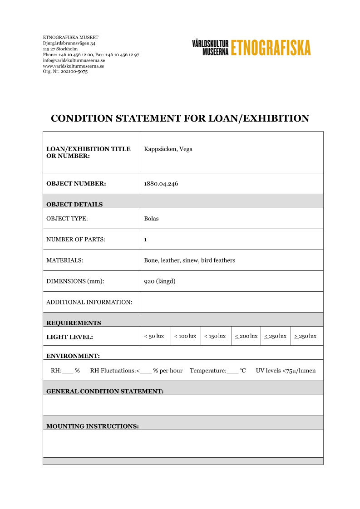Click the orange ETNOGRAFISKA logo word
[x=271, y=48]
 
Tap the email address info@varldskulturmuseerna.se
[x=74, y=60]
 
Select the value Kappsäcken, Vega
[x=168, y=149]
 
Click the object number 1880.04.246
[x=161, y=184]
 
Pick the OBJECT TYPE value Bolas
[x=151, y=219]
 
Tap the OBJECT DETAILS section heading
[x=74, y=204]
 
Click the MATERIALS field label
[x=65, y=260]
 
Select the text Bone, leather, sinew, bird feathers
[x=189, y=260]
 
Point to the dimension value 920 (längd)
[x=160, y=281]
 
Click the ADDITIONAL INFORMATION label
[x=89, y=302]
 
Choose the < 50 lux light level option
[x=154, y=336]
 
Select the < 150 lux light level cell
[x=215, y=336]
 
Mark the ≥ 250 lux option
[x=306, y=336]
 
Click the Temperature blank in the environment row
[x=232, y=371]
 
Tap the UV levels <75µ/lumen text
[x=286, y=371]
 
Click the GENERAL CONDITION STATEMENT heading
[x=105, y=391]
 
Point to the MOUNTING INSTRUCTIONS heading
[x=93, y=426]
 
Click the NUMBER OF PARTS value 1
[x=145, y=240]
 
